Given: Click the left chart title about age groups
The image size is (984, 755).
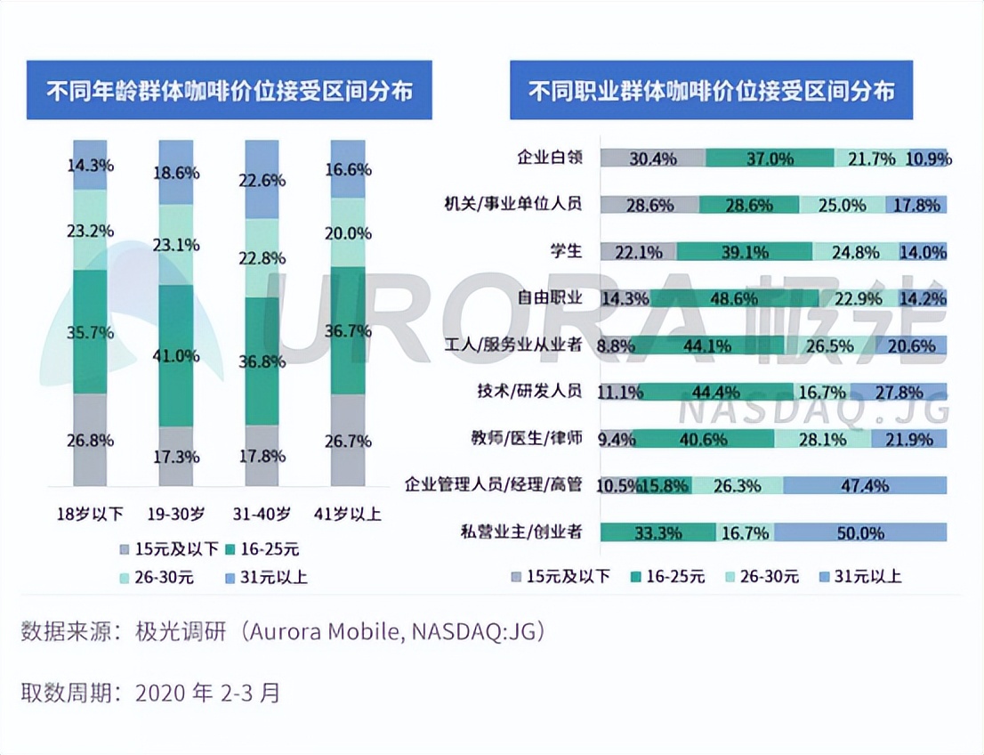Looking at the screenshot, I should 229,91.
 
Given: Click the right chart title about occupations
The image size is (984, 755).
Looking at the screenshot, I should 711,91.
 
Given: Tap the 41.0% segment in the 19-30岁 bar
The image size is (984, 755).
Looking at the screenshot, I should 176,355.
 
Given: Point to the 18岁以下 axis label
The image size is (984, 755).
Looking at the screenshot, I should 90,515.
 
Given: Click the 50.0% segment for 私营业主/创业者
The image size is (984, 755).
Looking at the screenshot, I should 859,532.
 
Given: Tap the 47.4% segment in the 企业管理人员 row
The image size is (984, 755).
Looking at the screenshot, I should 864,485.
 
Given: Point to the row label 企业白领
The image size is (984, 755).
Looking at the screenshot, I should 550,158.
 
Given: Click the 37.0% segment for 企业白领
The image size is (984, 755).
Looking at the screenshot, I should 770,158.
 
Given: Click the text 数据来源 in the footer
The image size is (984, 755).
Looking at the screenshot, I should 61,632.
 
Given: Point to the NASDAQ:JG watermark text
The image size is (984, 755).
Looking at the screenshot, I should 813,410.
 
